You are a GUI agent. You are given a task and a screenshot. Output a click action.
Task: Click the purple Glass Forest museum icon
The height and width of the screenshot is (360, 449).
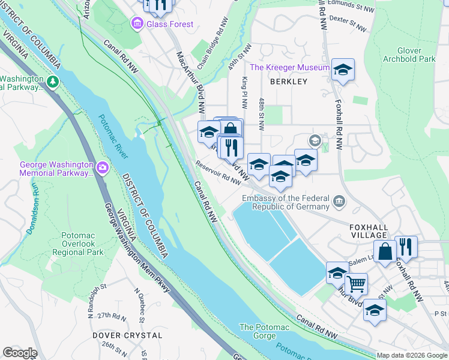tap(137, 24)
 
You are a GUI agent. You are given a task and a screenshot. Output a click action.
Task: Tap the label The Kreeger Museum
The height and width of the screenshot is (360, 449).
tap(289, 68)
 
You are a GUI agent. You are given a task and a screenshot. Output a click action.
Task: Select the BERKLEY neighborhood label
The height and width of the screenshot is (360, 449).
tap(288, 82)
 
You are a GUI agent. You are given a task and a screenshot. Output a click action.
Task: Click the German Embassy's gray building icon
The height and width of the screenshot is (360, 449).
tap(339, 200)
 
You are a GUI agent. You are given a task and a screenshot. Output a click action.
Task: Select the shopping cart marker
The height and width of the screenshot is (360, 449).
tap(356, 283)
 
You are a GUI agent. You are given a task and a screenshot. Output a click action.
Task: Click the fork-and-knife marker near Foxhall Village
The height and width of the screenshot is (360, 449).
tap(406, 247)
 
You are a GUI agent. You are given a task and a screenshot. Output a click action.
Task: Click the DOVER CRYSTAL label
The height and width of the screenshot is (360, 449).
tap(127, 335)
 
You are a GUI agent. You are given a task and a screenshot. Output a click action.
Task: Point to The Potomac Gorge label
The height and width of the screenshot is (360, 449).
tap(264, 331)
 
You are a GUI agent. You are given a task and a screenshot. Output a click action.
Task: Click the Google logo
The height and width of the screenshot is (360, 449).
tap(20, 353)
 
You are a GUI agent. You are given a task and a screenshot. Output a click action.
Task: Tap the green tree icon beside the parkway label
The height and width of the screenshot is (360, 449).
tap(53, 81)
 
